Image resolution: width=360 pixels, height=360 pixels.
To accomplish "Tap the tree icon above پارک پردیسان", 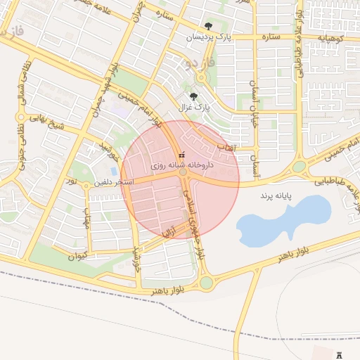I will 209,26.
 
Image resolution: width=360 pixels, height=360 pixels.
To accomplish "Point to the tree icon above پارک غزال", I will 194,97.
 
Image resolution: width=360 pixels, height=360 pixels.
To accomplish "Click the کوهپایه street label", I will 328,37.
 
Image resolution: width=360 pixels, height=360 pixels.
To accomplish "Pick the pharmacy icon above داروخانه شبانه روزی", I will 182,155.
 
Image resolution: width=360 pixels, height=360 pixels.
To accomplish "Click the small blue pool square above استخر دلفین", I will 114,172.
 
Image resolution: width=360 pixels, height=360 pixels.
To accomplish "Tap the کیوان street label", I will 77,255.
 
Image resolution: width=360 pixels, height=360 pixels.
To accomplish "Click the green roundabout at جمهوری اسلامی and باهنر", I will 206,283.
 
